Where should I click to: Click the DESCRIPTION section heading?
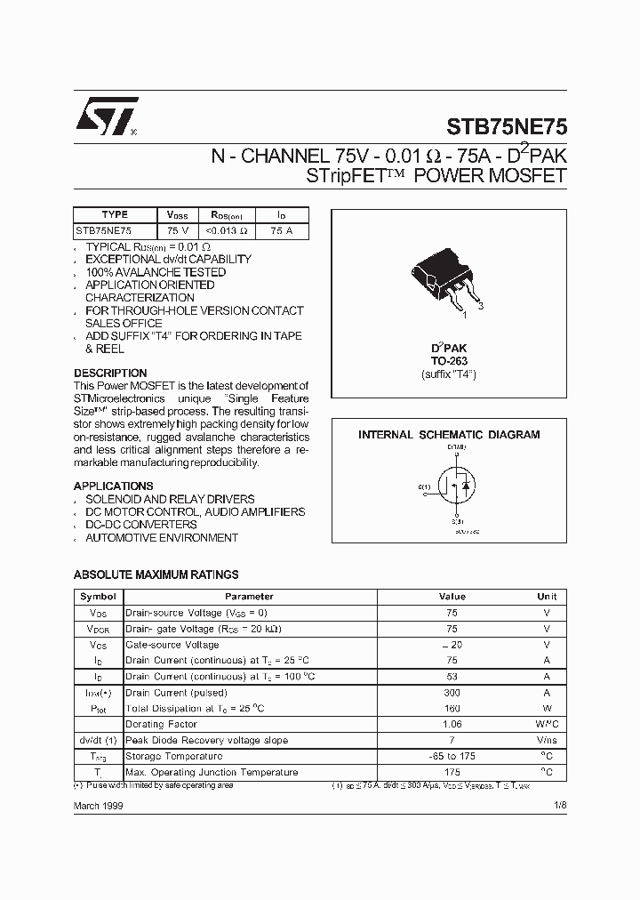click(110, 373)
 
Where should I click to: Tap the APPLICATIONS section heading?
click(113, 486)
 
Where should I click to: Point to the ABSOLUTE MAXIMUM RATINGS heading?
click(156, 575)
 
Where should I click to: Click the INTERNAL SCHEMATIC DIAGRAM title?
click(449, 435)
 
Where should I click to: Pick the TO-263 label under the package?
click(449, 361)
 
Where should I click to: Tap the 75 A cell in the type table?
click(282, 229)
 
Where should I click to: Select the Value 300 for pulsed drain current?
click(452, 693)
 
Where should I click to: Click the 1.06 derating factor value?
click(452, 725)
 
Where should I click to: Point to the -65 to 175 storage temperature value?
click(452, 757)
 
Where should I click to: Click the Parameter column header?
click(249, 597)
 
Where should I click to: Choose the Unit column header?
click(547, 597)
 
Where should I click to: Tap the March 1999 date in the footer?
click(98, 806)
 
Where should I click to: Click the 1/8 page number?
click(559, 806)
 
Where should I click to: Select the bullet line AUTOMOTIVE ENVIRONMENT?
click(162, 538)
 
